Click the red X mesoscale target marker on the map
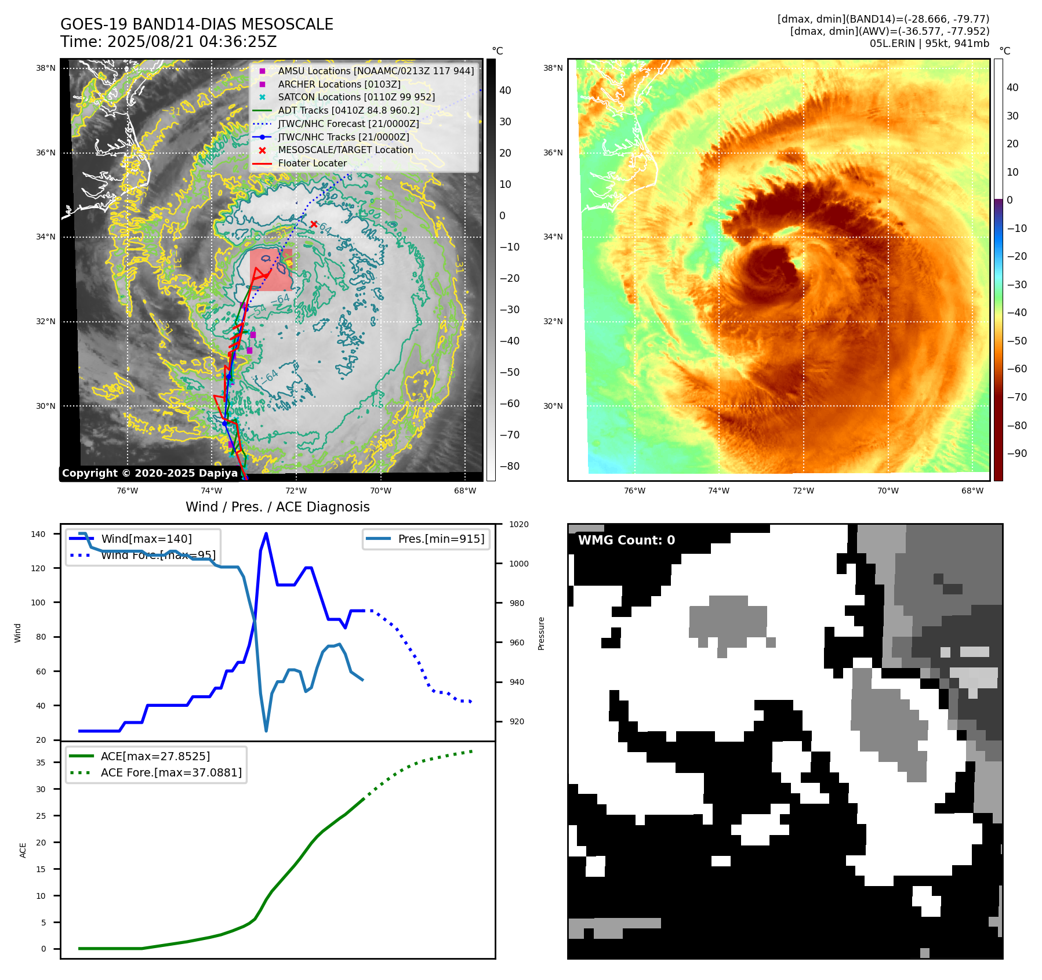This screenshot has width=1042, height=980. pyautogui.click(x=314, y=224)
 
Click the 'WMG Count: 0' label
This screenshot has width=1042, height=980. pyautogui.click(x=626, y=540)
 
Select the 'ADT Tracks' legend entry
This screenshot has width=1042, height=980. pyautogui.click(x=348, y=110)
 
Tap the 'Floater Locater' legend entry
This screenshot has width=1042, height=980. pyautogui.click(x=312, y=164)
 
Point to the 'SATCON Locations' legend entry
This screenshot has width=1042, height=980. pyautogui.click(x=356, y=97)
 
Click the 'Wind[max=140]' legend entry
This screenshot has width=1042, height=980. pyautogui.click(x=146, y=539)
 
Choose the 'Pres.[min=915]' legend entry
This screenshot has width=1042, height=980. pyautogui.click(x=441, y=539)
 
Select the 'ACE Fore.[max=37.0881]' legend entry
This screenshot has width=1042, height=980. pyautogui.click(x=171, y=772)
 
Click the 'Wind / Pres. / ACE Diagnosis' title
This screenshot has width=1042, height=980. pyautogui.click(x=277, y=507)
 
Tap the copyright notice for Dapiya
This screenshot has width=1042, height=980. pyautogui.click(x=150, y=473)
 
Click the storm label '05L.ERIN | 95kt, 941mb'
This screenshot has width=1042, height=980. pyautogui.click(x=929, y=43)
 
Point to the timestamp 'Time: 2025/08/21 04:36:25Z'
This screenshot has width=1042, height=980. pyautogui.click(x=168, y=42)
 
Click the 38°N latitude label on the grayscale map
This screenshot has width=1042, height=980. pyautogui.click(x=46, y=68)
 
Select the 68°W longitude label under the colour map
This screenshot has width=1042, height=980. pyautogui.click(x=972, y=491)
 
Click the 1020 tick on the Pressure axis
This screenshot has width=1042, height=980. pyautogui.click(x=518, y=524)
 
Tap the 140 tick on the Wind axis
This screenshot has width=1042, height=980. pyautogui.click(x=38, y=534)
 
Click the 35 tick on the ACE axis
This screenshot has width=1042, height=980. pyautogui.click(x=41, y=763)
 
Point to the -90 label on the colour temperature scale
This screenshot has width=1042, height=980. pyautogui.click(x=1016, y=453)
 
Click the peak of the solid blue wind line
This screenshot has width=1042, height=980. pyautogui.click(x=266, y=533)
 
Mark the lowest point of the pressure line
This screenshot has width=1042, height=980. pyautogui.click(x=266, y=731)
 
